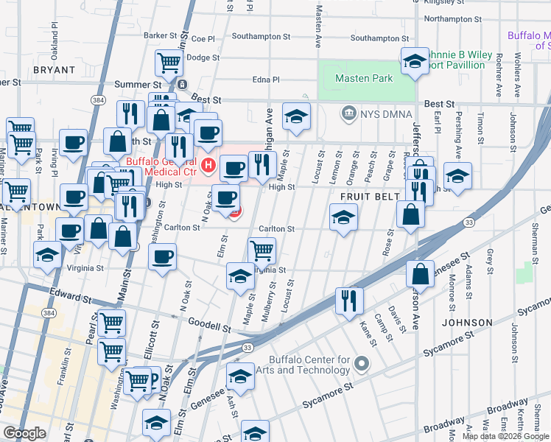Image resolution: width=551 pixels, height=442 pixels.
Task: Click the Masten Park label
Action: click(364, 78)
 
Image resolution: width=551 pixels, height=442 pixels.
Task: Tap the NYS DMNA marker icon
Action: click(347, 113)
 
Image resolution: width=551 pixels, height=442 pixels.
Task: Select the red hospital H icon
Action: click(208, 164)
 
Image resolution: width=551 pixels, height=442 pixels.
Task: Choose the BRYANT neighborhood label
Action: click(54, 70)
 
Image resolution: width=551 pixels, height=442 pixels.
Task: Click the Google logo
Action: click(24, 433)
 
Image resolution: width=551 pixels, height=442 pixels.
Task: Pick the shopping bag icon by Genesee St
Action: click(419, 274)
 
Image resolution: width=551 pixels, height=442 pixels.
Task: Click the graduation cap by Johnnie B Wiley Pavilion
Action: click(415, 60)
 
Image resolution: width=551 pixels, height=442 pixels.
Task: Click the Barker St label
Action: click(161, 35)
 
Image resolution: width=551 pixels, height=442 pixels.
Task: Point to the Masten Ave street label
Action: click(320, 24)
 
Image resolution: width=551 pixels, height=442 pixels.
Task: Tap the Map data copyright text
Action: click(505, 436)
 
